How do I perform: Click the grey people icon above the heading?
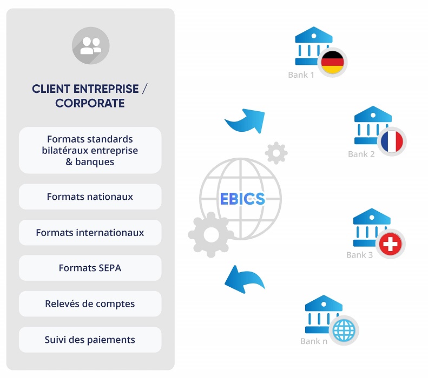click(90, 45)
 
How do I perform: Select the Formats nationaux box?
click(90, 197)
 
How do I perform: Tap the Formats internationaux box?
click(90, 233)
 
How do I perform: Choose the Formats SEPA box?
click(90, 268)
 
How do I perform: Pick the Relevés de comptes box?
click(90, 304)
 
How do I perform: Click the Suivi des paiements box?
click(90, 340)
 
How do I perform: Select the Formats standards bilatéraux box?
click(90, 150)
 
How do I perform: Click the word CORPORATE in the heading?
click(90, 103)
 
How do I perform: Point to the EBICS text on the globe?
click(242, 199)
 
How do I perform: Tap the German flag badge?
click(332, 63)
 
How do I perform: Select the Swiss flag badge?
click(390, 245)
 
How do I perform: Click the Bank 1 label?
click(301, 75)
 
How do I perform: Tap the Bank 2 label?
click(361, 154)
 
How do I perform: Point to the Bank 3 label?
click(359, 255)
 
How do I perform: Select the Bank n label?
click(314, 341)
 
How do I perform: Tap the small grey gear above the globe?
click(276, 153)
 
